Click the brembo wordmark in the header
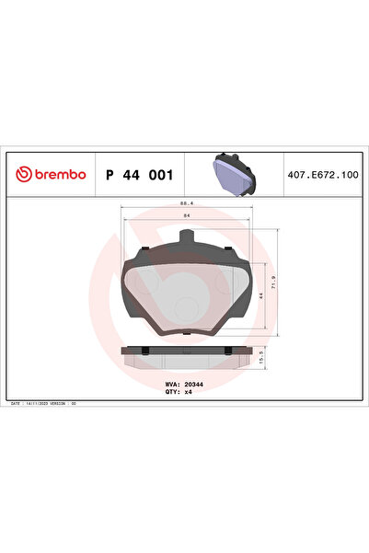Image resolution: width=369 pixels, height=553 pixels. click(61, 174)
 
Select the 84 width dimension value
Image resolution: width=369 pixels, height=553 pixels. click(185, 215)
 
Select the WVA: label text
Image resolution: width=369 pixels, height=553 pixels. click(171, 383)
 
